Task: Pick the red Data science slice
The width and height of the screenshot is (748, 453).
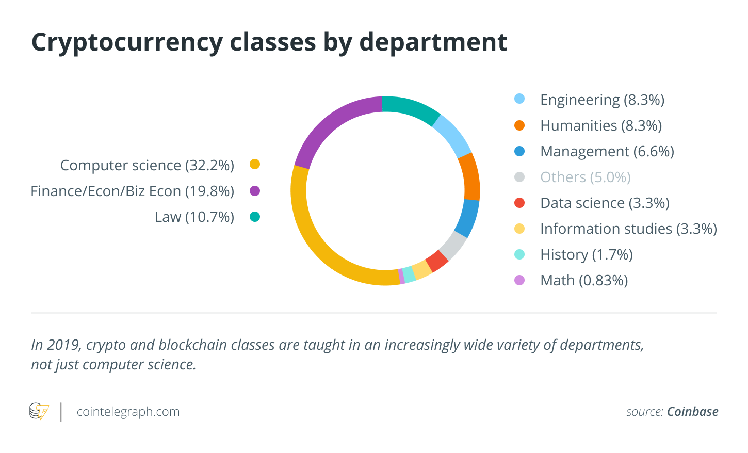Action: (437, 261)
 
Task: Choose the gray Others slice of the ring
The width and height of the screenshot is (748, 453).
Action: (453, 245)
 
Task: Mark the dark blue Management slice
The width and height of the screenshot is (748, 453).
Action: (467, 218)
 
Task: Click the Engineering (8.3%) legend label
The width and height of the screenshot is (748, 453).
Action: (602, 100)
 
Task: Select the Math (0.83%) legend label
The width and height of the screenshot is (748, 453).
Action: (584, 280)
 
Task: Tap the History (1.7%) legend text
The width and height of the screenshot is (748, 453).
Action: (586, 254)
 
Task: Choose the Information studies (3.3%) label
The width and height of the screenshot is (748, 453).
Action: (628, 229)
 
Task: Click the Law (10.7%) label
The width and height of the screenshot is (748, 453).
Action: (194, 217)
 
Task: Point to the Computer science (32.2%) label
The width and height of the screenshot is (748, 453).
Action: (147, 165)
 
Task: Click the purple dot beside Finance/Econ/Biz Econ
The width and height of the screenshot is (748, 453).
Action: (255, 191)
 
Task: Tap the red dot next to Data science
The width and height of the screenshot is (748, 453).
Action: (519, 203)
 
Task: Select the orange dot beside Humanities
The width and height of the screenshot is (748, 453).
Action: (519, 125)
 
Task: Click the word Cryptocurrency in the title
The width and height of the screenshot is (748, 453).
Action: (126, 42)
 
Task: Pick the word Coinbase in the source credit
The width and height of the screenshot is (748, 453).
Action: (692, 412)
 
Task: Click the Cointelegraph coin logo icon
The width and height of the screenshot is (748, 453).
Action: (39, 412)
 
